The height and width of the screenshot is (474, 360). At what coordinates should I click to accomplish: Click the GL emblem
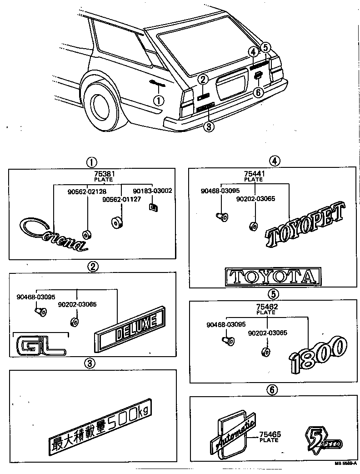40,345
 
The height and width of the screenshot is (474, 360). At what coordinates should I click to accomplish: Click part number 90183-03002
152,191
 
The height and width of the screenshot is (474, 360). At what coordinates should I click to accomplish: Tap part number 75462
266,307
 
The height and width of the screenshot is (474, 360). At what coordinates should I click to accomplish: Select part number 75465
270,435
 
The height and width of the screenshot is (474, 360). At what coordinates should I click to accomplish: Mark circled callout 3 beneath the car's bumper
208,126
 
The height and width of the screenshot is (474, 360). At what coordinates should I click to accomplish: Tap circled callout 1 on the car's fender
158,100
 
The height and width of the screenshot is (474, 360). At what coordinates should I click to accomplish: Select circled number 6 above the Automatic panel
272,389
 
